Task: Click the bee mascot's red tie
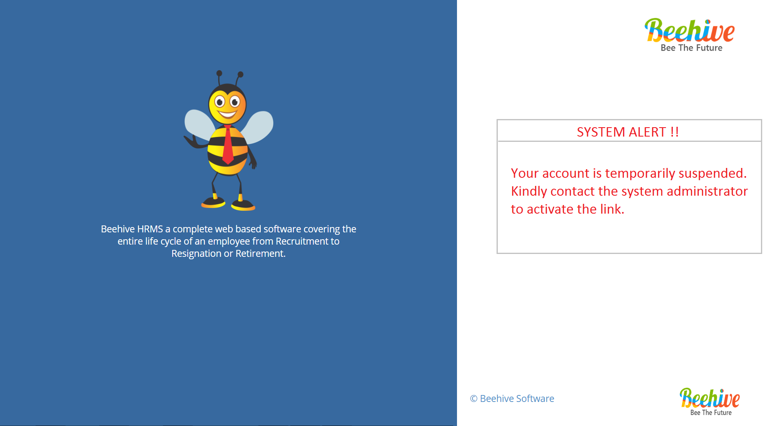tap(228, 145)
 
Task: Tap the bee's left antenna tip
tap(219, 73)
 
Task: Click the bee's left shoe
tap(213, 202)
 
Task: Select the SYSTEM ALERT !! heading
tap(628, 132)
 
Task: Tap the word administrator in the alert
tap(707, 191)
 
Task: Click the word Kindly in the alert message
tap(529, 192)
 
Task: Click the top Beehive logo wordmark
tap(690, 31)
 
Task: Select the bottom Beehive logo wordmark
tap(710, 398)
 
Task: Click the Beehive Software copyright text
tap(512, 399)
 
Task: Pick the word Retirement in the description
tap(260, 254)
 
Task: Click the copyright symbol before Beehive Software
tap(474, 399)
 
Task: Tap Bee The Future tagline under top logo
tap(692, 48)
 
